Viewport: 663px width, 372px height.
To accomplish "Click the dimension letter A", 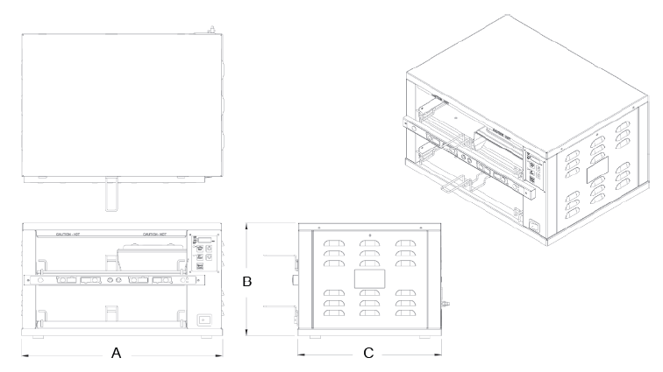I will [x=116, y=354].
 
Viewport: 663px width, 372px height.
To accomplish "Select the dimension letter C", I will [x=368, y=354].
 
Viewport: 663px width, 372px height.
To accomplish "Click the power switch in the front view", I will [x=204, y=320].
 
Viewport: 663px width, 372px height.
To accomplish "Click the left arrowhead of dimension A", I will [x=24, y=354].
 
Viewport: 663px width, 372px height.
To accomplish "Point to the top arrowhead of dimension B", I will [x=248, y=224].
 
